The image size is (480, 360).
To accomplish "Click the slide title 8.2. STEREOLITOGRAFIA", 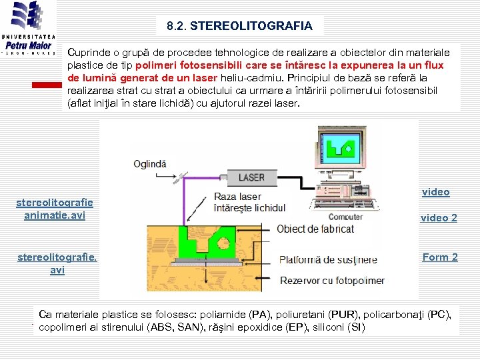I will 239,26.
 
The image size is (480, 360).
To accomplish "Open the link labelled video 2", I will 439,217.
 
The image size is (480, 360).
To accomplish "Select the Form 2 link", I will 440,257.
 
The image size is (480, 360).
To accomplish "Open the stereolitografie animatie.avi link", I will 55,209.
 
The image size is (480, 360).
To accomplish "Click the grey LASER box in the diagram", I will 251,177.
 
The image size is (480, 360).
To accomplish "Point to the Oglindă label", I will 150,163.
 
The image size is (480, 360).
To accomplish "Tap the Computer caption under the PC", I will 346,217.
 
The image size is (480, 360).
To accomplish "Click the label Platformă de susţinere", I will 328,259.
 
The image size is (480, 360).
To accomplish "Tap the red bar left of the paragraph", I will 47,85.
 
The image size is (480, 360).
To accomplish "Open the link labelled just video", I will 436,192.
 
